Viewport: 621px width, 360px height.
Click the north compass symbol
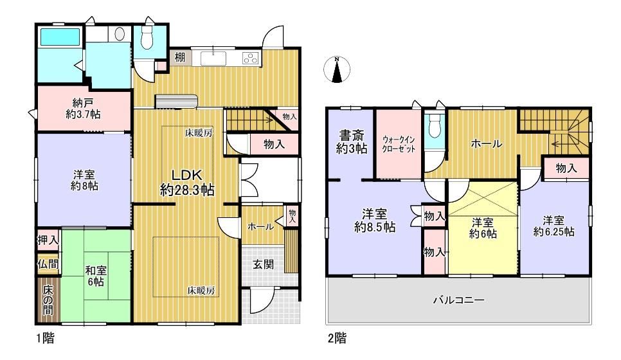click(x=337, y=69)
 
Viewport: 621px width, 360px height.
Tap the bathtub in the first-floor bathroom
click(x=60, y=37)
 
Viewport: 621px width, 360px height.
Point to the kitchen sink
click(x=213, y=59)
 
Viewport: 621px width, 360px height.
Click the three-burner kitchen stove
click(x=251, y=59)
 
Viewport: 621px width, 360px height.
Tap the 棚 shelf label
click(x=180, y=57)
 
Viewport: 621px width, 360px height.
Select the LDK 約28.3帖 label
click(x=187, y=183)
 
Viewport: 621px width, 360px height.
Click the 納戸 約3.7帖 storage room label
click(x=83, y=109)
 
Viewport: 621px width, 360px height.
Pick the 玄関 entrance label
click(x=264, y=264)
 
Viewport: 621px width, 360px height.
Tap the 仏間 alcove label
click(x=48, y=264)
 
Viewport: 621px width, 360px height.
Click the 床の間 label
click(x=48, y=300)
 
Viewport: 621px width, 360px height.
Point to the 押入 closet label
click(x=48, y=240)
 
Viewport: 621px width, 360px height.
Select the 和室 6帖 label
click(x=96, y=276)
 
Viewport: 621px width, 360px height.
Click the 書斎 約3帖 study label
click(x=352, y=142)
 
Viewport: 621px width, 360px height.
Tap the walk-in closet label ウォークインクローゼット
click(x=399, y=145)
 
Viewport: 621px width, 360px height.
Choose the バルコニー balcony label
click(x=458, y=300)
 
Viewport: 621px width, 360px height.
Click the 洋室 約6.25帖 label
click(x=553, y=226)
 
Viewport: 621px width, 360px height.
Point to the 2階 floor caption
click(x=337, y=338)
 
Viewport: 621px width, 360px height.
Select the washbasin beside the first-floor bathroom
click(x=119, y=34)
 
